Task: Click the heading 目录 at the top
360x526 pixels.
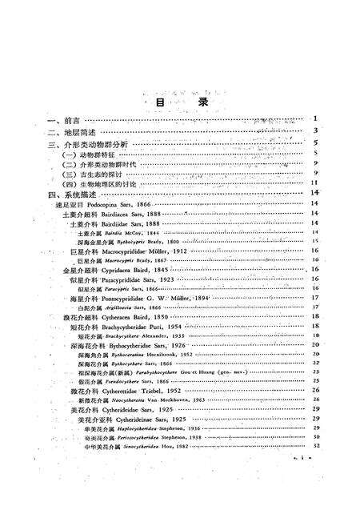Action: (x=181, y=103)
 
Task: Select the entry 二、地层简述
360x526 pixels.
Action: (x=70, y=131)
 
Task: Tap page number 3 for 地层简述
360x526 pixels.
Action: (x=317, y=131)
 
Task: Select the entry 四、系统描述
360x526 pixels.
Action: (x=70, y=195)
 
